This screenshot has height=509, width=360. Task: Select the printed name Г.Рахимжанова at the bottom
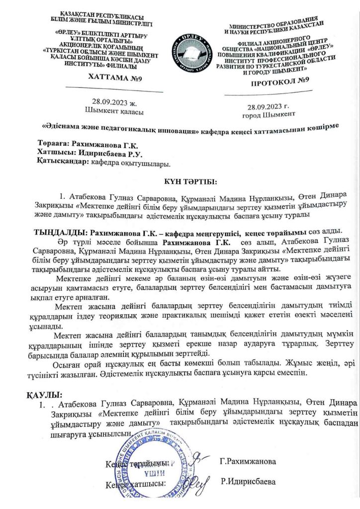(248, 462)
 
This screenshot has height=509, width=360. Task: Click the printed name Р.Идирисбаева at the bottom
(248, 482)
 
